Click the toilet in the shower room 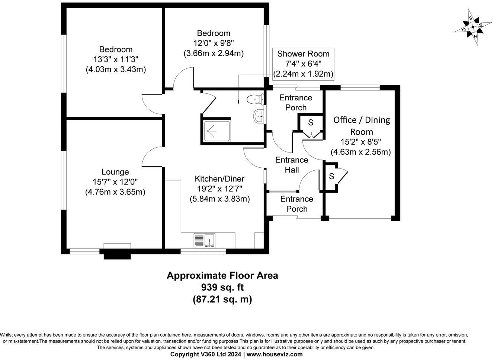[256, 99]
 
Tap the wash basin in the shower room [259, 116]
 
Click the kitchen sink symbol [205, 241]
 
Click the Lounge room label [115, 172]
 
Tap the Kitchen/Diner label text [219, 179]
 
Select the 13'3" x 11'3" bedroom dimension [116, 59]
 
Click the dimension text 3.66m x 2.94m [214, 54]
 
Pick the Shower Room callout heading [303, 54]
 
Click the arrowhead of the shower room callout [238, 102]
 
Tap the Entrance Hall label [292, 165]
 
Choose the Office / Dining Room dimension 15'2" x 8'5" [361, 142]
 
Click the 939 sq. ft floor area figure [222, 287]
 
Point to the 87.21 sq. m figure [222, 300]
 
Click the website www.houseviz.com [275, 354]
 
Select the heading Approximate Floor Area [222, 276]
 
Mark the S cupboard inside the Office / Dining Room [331, 176]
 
